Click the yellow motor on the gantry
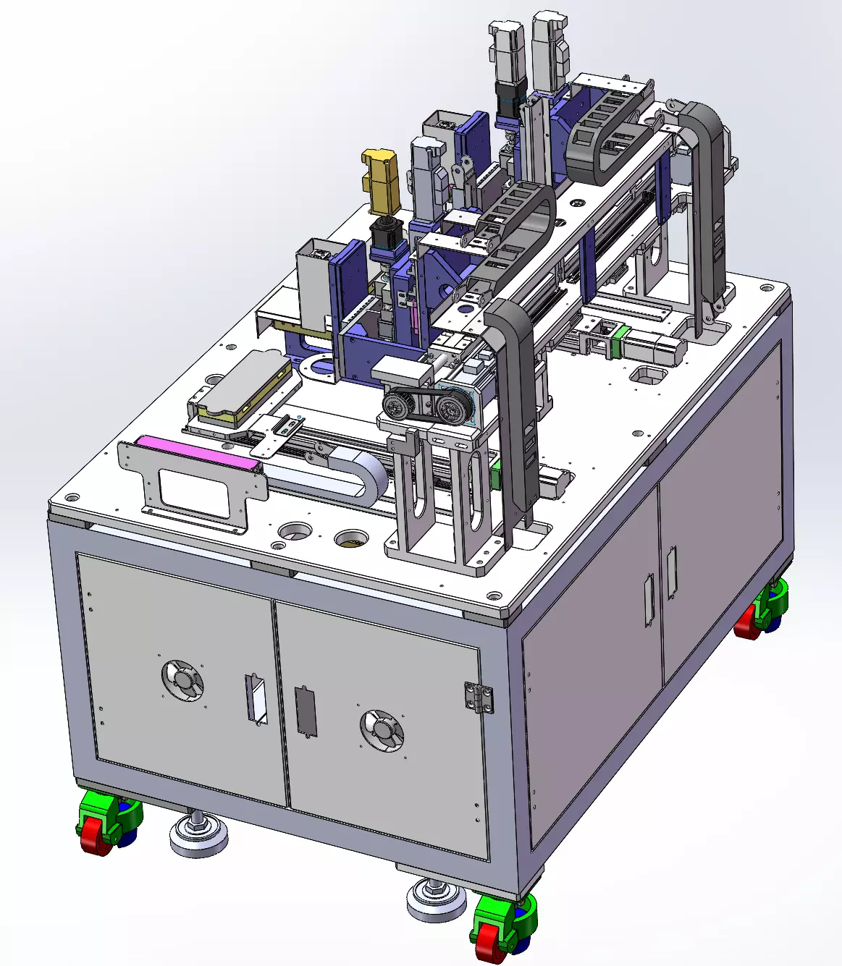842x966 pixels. pos(381,181)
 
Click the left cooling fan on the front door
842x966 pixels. pos(182,680)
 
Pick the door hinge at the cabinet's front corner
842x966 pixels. pos(479,698)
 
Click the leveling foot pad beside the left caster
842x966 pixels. pos(198,836)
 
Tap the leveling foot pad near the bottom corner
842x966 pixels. pos(435,901)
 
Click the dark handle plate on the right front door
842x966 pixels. pos(306,711)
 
